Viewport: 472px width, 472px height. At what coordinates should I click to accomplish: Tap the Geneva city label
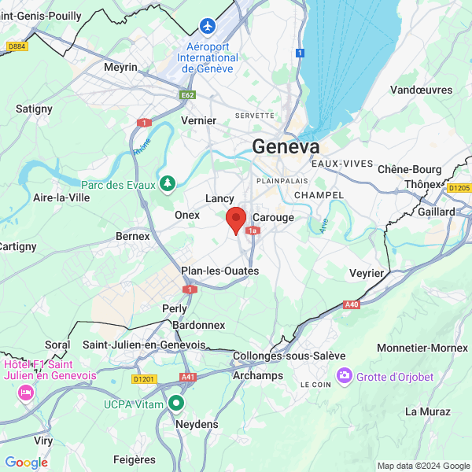pyautogui.click(x=286, y=147)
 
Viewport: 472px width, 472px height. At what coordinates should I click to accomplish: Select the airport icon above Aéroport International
pyautogui.click(x=208, y=26)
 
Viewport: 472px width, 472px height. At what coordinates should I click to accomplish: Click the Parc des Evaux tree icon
pyautogui.click(x=167, y=184)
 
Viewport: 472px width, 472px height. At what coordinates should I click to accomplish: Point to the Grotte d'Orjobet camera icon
pyautogui.click(x=344, y=376)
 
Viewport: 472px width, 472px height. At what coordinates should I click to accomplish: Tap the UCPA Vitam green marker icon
pyautogui.click(x=176, y=404)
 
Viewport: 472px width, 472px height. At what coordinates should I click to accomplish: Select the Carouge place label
pyautogui.click(x=275, y=217)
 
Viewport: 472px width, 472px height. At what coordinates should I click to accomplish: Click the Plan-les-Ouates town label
pyautogui.click(x=219, y=271)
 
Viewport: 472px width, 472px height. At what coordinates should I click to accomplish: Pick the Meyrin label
pyautogui.click(x=120, y=68)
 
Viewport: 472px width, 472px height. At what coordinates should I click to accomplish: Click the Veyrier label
pyautogui.click(x=367, y=273)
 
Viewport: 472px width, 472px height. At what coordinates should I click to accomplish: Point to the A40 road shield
pyautogui.click(x=352, y=304)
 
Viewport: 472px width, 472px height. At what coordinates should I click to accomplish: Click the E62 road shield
pyautogui.click(x=187, y=95)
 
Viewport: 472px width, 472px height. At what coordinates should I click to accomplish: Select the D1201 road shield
pyautogui.click(x=145, y=378)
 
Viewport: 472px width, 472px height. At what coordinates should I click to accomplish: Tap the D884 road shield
pyautogui.click(x=16, y=47)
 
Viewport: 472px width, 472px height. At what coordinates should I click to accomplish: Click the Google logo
pyautogui.click(x=26, y=463)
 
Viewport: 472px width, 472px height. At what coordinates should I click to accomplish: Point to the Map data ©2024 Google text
pyautogui.click(x=422, y=466)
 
